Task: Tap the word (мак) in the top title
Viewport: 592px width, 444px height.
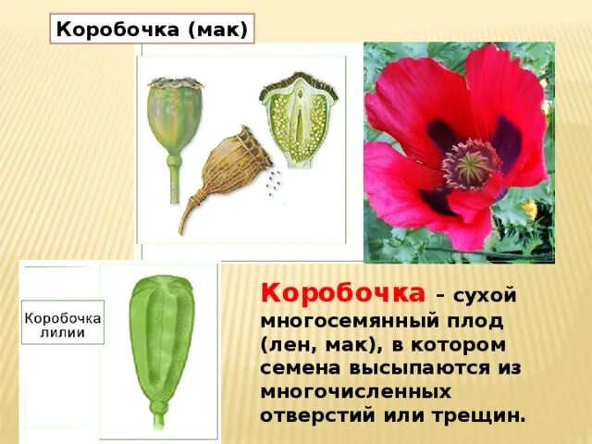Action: click(216, 30)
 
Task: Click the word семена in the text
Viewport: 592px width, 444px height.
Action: click(301, 368)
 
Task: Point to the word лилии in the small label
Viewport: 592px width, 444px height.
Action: click(63, 333)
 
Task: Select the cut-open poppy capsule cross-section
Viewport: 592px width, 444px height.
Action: click(300, 120)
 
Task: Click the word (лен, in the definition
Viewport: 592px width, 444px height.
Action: click(291, 344)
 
